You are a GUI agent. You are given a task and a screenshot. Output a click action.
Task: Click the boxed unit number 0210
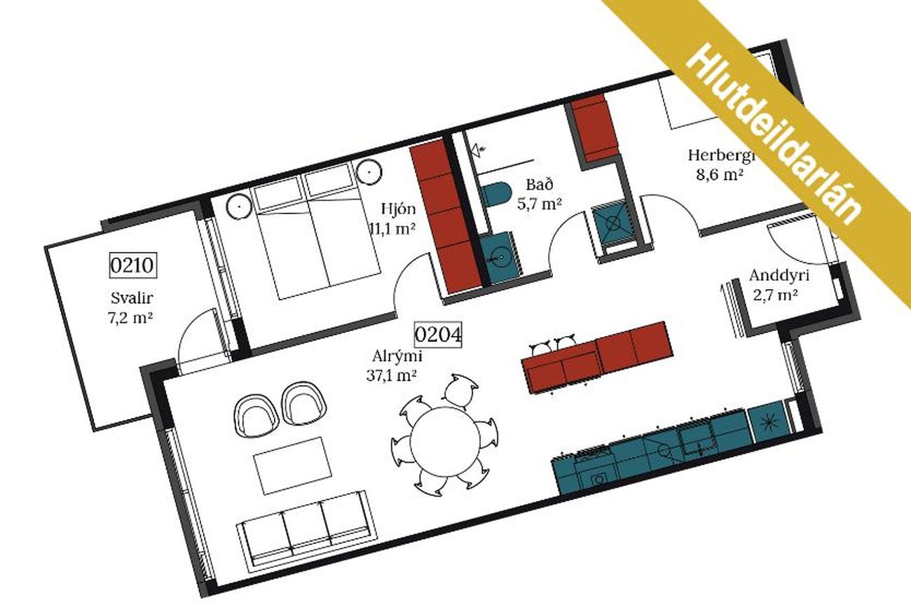[x=133, y=266]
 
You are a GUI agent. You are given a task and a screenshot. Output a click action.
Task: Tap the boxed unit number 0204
[x=438, y=335]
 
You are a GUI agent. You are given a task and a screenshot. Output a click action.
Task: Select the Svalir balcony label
[x=132, y=298]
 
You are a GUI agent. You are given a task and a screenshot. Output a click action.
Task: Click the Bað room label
[x=540, y=185]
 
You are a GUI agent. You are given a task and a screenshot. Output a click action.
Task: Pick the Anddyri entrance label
[x=779, y=275]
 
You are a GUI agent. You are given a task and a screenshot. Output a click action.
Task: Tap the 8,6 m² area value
[x=720, y=175]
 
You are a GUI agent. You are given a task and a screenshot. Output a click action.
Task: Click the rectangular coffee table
[x=293, y=465]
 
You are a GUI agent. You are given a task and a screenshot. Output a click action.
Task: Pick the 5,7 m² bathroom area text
[x=540, y=203]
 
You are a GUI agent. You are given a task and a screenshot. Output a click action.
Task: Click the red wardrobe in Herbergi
[x=594, y=127]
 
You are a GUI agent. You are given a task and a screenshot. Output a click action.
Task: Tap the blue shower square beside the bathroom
[x=613, y=223]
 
